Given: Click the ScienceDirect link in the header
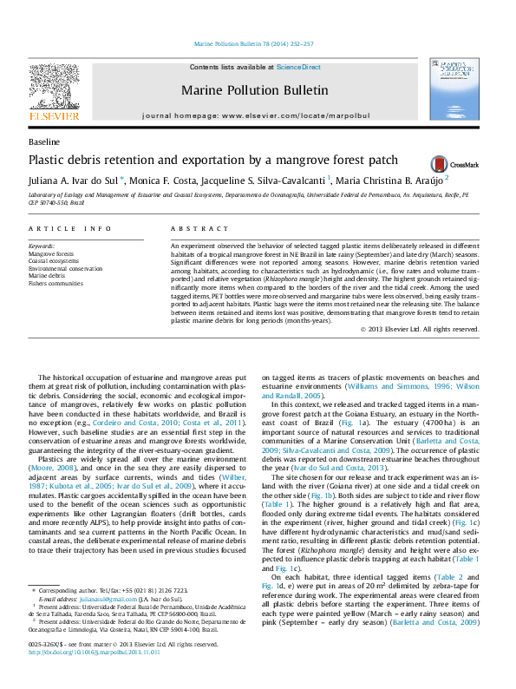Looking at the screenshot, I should pyautogui.click(x=298, y=67).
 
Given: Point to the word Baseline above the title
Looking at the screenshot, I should pyautogui.click(x=44, y=141).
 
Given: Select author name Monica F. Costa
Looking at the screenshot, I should pyautogui.click(x=165, y=180).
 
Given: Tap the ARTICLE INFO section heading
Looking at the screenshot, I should pyautogui.click(x=69, y=228).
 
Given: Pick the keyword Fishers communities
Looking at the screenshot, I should pyautogui.click(x=56, y=283).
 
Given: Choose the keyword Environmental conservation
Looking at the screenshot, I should pyautogui.click(x=65, y=268).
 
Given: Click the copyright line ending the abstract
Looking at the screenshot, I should pyautogui.click(x=420, y=330).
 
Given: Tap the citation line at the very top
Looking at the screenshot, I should pyautogui.click(x=254, y=43).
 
